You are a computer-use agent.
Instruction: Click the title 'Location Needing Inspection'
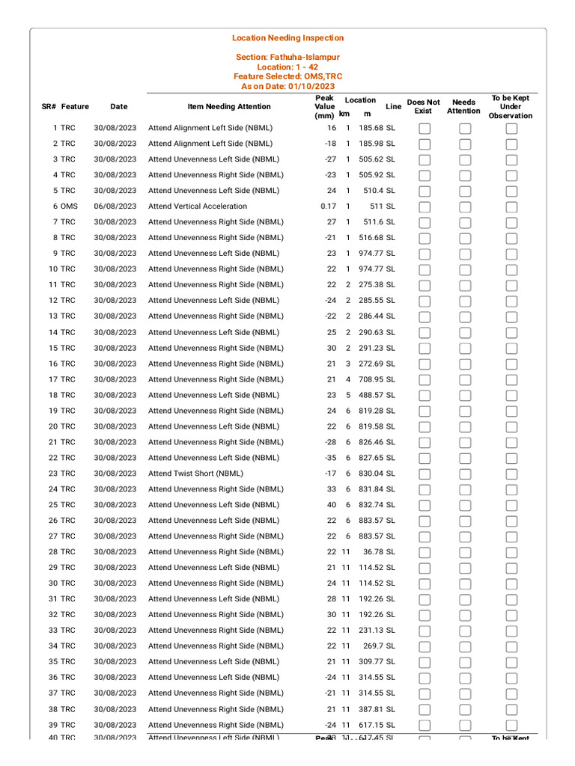[287, 38]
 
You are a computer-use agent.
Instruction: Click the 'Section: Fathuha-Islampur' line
[287, 57]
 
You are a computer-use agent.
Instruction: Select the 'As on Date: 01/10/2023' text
[287, 86]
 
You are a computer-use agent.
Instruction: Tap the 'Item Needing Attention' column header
[229, 107]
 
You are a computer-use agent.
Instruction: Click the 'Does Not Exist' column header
[423, 107]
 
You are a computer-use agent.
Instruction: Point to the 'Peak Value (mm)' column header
[324, 107]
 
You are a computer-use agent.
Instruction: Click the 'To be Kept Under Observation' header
[511, 107]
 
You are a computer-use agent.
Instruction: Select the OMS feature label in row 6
[68, 206]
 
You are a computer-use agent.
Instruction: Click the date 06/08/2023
[115, 206]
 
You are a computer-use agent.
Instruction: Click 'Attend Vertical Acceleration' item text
[198, 206]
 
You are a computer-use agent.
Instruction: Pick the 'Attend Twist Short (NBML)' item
[195, 474]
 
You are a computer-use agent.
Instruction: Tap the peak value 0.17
[328, 206]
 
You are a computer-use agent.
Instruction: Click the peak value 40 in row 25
[332, 505]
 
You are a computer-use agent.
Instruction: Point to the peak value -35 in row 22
[330, 458]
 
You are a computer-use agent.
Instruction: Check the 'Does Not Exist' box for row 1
[425, 129]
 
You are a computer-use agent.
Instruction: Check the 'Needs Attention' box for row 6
[465, 207]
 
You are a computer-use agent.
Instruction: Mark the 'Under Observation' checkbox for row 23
[511, 474]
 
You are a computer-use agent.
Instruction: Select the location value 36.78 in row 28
[373, 552]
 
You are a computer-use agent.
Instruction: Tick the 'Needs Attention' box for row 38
[465, 710]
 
